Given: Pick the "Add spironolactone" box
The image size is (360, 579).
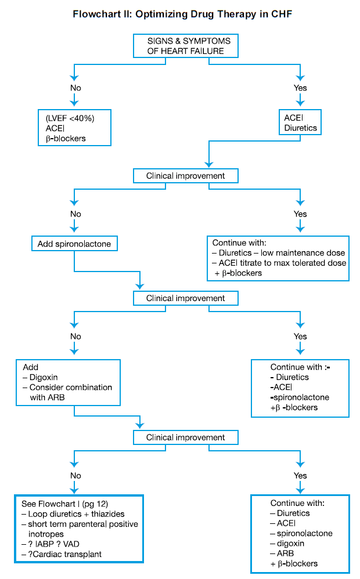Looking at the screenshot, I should (74, 244).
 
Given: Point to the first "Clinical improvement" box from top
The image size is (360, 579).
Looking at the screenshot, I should (186, 175).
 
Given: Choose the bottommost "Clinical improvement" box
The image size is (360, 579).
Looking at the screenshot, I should (186, 437).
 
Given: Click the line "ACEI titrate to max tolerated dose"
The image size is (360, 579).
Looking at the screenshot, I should (282, 263).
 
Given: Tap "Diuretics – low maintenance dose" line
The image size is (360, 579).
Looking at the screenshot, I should (282, 253).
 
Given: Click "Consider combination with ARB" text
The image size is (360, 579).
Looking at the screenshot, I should (71, 392).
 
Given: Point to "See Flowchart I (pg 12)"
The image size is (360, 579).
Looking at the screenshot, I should (59, 504).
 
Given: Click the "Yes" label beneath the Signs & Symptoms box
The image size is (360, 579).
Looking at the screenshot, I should (300, 88).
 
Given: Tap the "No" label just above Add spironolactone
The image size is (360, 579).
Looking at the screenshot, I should (75, 214).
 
